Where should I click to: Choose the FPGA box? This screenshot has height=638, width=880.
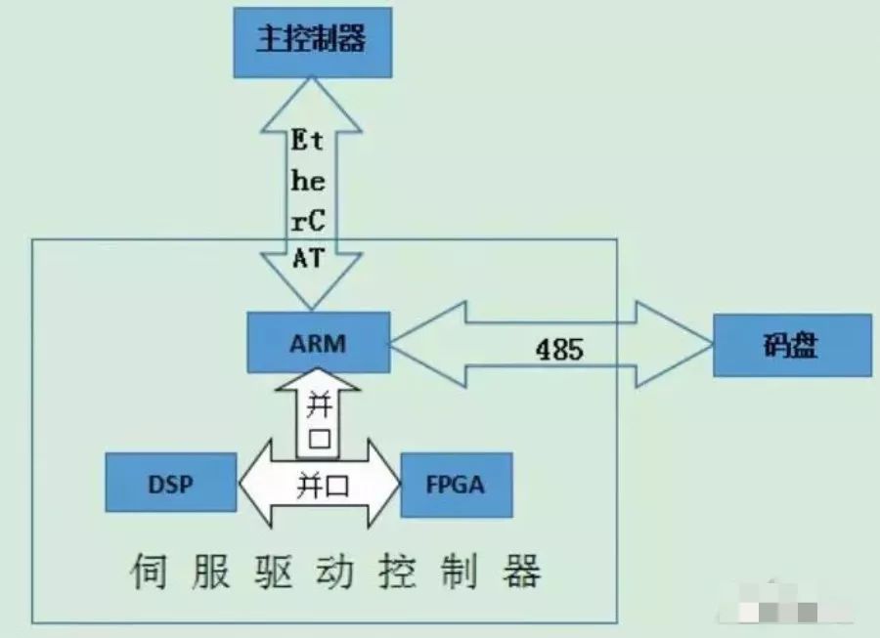pos(457,485)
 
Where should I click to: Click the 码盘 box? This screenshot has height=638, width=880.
pos(791,345)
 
